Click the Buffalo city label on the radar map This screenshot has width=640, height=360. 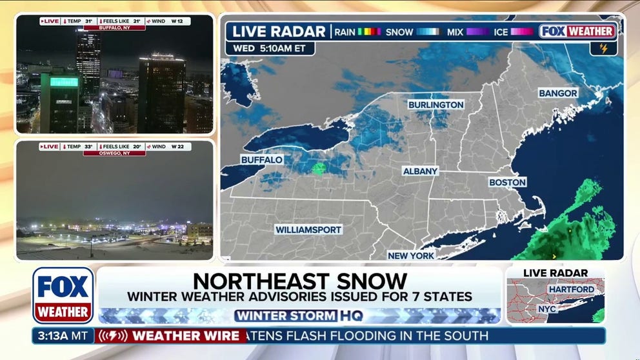coord(262,159)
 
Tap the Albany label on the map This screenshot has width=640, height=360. coord(420,171)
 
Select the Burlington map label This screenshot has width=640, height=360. coord(435,105)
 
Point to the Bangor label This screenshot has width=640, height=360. coord(558,94)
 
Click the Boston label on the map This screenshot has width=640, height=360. coord(507,183)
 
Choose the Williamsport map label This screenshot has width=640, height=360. coord(308,229)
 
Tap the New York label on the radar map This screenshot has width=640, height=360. coord(412,255)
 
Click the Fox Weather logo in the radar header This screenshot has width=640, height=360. coord(577,31)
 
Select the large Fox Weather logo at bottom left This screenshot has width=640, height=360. coord(63,295)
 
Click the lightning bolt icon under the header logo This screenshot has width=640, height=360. coord(604,48)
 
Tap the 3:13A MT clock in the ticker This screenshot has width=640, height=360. coord(63,335)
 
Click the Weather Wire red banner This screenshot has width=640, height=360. coord(171,335)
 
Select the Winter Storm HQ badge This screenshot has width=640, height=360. coord(300,316)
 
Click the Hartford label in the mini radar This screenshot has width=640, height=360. coord(570,289)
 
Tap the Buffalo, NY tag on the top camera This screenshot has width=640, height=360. coord(114,28)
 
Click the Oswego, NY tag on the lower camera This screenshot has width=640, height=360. coord(114,153)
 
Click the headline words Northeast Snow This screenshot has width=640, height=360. coord(300,281)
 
